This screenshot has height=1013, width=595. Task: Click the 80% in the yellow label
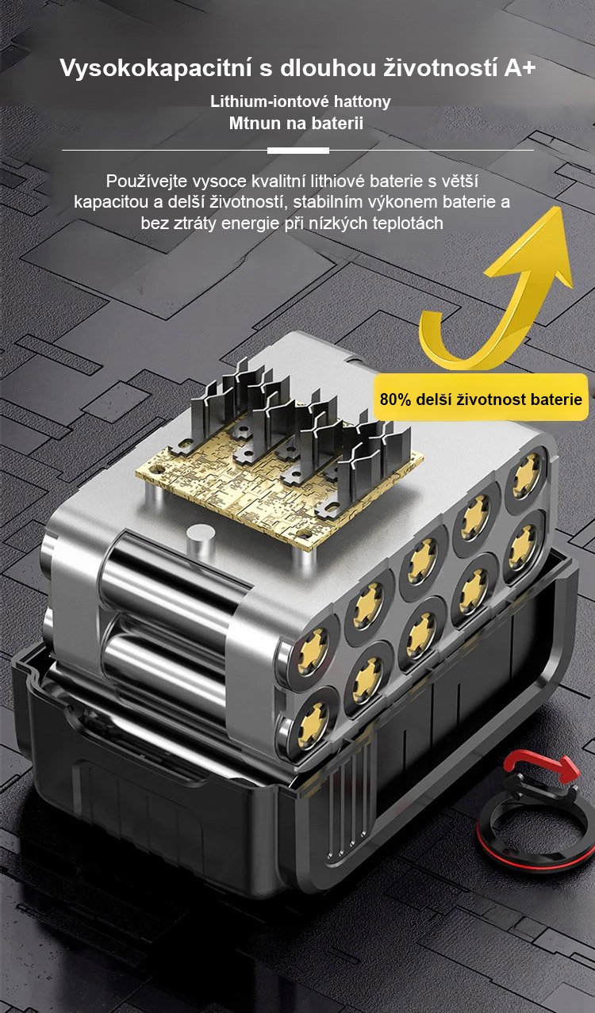click(x=395, y=399)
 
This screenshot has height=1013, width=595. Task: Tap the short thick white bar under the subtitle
click(x=297, y=151)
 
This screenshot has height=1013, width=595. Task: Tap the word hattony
click(x=362, y=101)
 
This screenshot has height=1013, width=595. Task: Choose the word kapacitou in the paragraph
click(x=111, y=202)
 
